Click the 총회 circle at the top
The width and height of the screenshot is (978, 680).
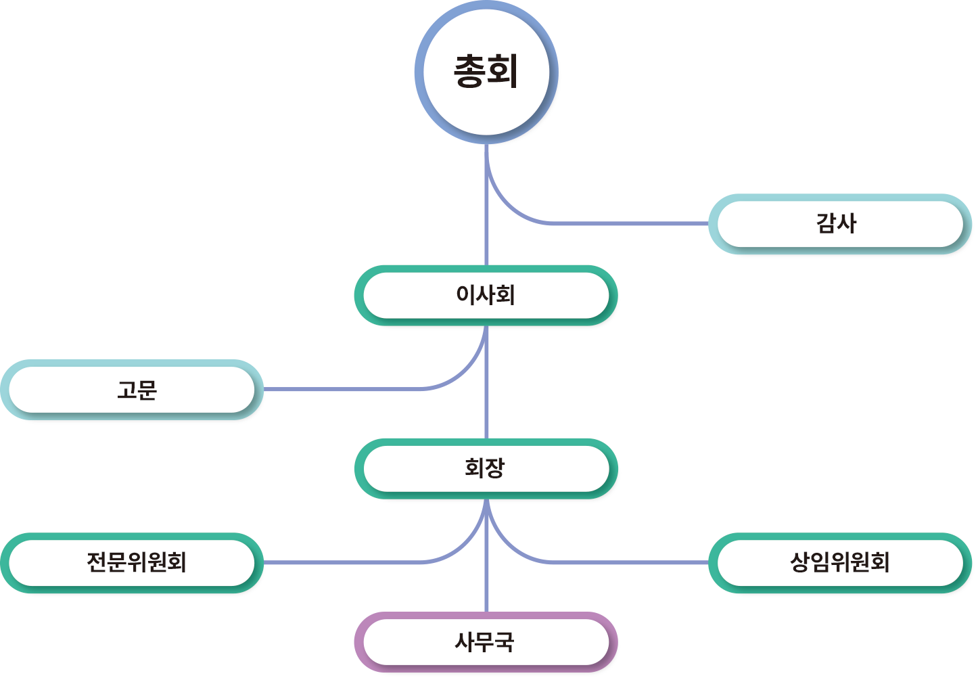(x=486, y=101)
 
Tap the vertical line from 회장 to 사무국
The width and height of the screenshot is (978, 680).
(x=486, y=589)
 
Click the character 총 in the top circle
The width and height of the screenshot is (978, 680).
(x=470, y=72)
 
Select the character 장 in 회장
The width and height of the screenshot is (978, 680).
(x=495, y=468)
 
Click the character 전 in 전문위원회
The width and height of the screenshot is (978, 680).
(x=97, y=563)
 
